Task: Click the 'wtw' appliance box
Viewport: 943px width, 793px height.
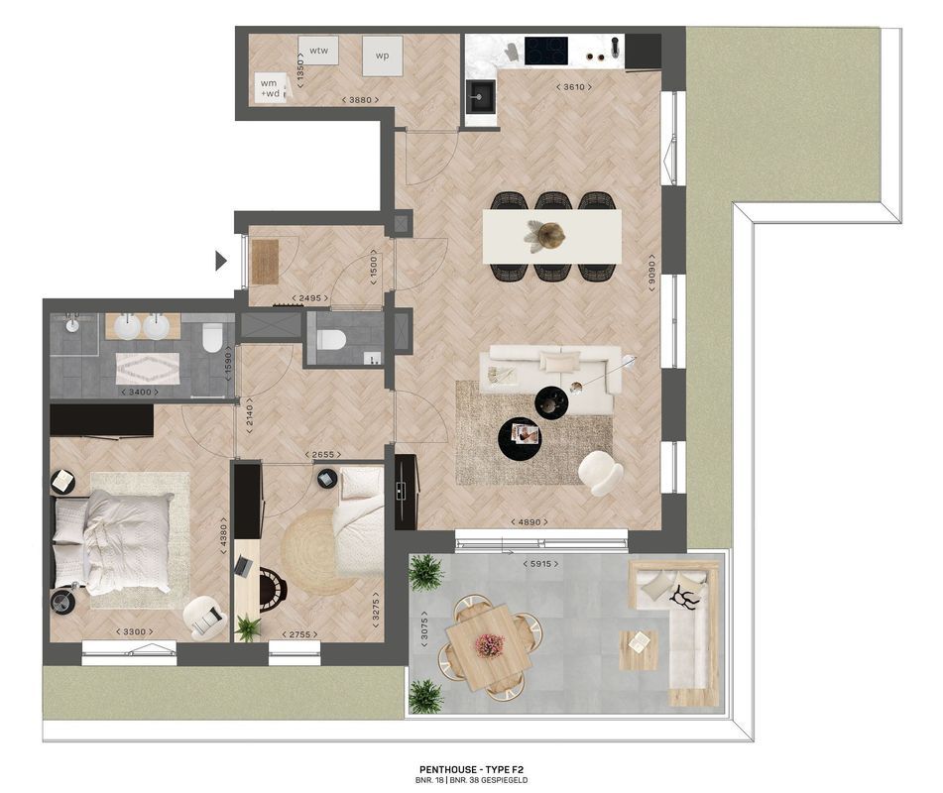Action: pos(318,51)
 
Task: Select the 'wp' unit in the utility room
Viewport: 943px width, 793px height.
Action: pos(382,56)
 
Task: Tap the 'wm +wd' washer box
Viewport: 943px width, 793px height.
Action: pos(270,87)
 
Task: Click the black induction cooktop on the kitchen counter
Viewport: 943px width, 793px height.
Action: pos(545,50)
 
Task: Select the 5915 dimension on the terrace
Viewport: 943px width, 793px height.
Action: pos(537,564)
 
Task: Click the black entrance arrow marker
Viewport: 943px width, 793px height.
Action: pos(222,261)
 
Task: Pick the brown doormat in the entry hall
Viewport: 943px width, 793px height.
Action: pos(265,262)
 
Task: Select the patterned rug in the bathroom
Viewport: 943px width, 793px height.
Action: pos(147,369)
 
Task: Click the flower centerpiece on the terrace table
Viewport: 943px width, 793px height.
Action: pos(489,645)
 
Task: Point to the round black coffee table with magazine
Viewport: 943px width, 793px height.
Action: pos(521,435)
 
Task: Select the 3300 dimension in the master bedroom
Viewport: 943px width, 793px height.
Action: pos(132,632)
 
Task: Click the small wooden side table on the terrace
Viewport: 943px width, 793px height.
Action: pos(639,649)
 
